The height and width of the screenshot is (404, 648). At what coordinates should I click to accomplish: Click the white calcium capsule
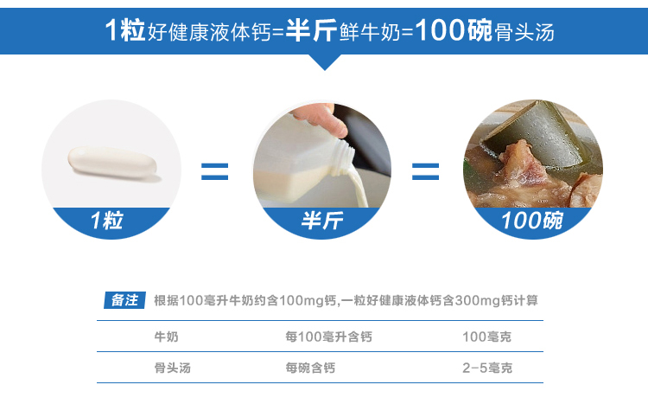[112, 163]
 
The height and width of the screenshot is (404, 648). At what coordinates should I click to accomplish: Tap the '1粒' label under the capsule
[107, 221]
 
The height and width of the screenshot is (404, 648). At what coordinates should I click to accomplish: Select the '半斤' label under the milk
[322, 221]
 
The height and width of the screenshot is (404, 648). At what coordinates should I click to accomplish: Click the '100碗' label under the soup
[532, 221]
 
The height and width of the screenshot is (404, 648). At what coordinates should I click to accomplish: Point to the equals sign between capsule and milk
[214, 171]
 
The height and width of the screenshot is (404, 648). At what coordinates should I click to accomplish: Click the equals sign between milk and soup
[425, 171]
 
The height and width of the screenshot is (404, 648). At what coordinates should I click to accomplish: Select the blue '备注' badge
[124, 300]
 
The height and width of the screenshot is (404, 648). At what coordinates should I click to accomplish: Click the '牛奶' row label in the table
[166, 337]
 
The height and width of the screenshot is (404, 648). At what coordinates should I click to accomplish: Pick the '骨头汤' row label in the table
[172, 368]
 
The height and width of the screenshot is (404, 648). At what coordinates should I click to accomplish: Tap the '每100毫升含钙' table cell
[328, 337]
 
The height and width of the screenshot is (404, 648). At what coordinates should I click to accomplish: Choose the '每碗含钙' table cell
[310, 368]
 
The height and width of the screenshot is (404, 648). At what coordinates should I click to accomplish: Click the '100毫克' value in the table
[486, 337]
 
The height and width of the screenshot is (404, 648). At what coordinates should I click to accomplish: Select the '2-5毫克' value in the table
[487, 368]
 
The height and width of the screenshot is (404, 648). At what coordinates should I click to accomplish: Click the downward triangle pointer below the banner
[324, 62]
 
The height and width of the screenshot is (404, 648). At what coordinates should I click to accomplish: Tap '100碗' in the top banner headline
[454, 30]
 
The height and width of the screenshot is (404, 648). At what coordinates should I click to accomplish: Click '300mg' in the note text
[477, 301]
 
